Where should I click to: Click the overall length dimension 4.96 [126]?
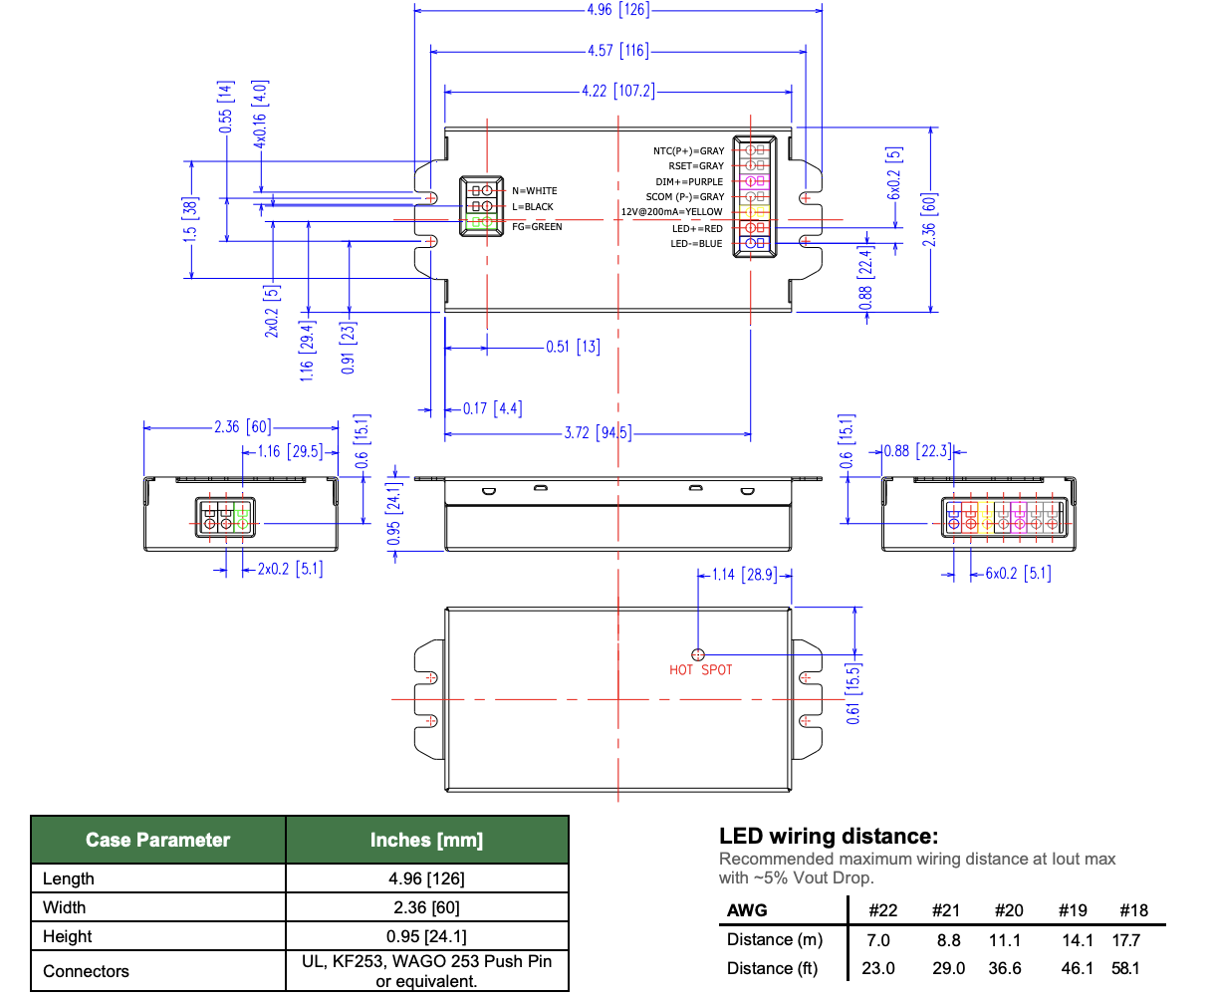pos(617,10)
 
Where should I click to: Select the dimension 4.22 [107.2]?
pos(617,91)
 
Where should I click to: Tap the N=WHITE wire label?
pos(535,190)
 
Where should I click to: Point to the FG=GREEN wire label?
pos(537,227)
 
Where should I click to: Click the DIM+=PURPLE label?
pos(689,182)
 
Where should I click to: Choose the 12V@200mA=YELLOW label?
pos(672,212)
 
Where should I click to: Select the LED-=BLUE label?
pos(696,244)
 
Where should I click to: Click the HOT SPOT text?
pos(700,670)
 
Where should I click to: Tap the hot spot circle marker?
pos(698,654)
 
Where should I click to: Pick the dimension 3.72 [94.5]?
pos(597,433)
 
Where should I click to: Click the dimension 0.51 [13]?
pos(573,348)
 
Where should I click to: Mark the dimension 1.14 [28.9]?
pos(744,575)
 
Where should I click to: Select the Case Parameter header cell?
pos(157,840)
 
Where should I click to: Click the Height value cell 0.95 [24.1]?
pos(426,936)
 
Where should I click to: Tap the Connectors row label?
pos(86,971)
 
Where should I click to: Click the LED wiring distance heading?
pos(829,837)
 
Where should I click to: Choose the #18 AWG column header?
pos(1133,910)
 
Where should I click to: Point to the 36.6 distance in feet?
pos(1005,968)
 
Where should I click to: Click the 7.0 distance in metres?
pos(878,940)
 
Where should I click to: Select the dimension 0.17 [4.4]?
pos(492,408)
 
